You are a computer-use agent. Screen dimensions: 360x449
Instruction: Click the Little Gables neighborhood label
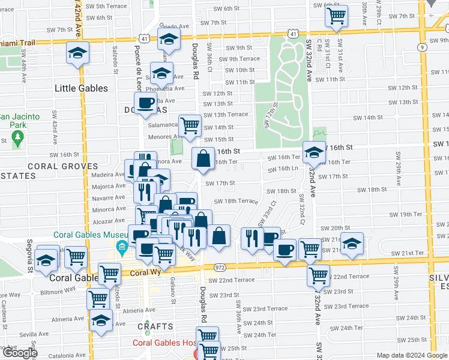coord(81,88)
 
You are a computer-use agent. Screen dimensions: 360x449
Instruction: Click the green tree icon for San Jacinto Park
coord(17,139)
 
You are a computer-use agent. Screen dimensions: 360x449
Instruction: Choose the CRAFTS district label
coord(155,326)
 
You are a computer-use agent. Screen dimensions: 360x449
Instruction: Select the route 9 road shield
coord(422,47)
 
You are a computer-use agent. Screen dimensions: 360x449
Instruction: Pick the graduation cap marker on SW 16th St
coord(313,153)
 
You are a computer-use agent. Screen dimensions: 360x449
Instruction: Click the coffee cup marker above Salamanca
coord(145,104)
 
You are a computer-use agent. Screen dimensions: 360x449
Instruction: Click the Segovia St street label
coord(28,259)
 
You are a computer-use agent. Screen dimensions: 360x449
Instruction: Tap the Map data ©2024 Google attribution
coord(411,355)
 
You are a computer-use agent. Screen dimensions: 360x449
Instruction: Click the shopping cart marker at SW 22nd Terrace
coord(318,276)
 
